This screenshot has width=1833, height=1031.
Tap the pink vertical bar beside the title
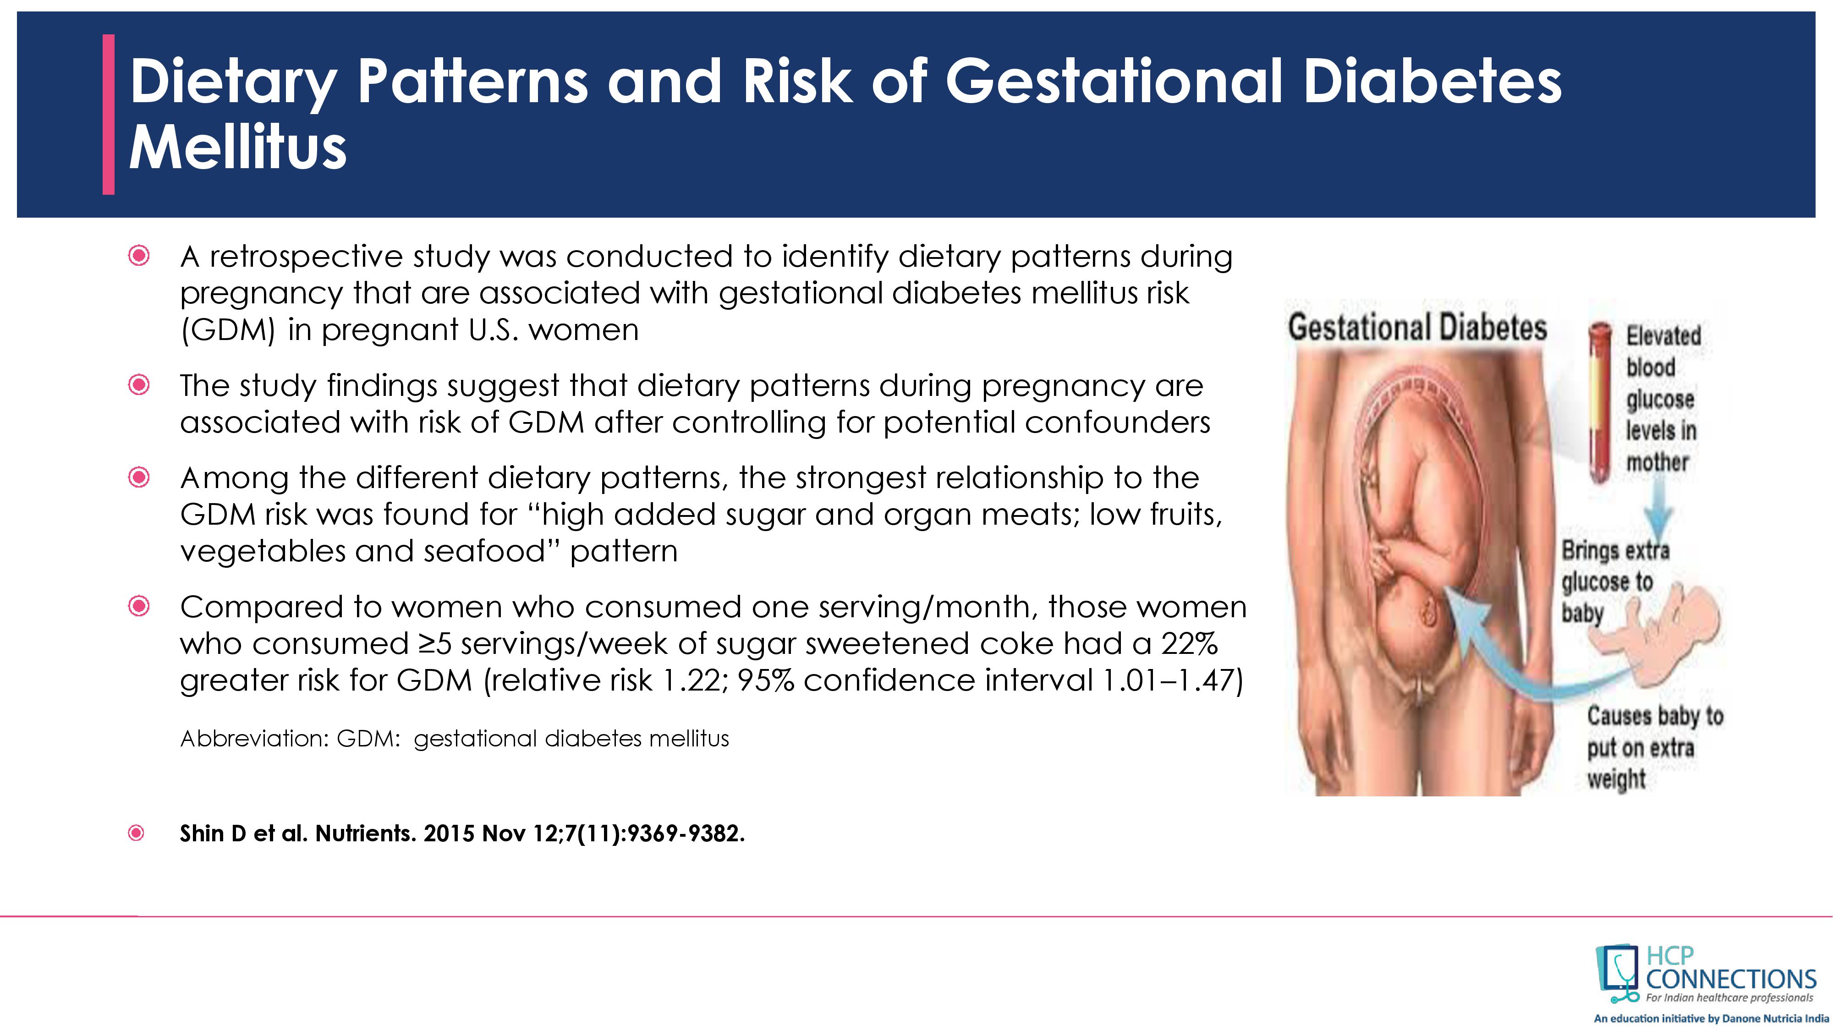click(x=108, y=114)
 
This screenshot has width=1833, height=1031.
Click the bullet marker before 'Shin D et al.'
click(x=137, y=833)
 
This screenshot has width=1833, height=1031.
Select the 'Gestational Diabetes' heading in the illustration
click(x=1417, y=328)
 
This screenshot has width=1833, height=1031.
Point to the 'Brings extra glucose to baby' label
click(x=1615, y=582)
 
